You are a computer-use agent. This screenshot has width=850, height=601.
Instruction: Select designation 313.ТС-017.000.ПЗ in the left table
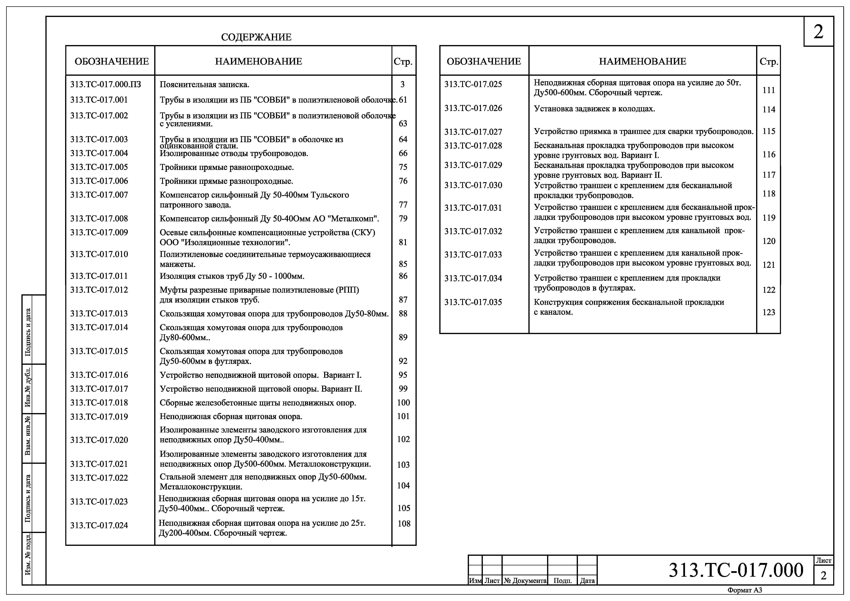pyautogui.click(x=106, y=84)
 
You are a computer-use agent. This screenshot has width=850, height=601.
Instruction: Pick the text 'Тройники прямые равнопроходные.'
pyautogui.click(x=227, y=167)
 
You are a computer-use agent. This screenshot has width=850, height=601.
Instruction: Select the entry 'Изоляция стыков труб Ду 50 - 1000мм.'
pyautogui.click(x=232, y=276)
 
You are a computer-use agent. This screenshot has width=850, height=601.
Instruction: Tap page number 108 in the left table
pyautogui.click(x=404, y=524)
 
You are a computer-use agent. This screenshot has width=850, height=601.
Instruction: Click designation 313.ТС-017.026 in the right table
pyautogui.click(x=473, y=108)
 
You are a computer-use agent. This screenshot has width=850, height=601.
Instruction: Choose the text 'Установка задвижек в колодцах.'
pyautogui.click(x=594, y=109)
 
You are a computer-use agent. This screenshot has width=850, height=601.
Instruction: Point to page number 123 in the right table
pyautogui.click(x=769, y=312)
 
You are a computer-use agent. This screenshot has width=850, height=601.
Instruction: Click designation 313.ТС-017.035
pyautogui.click(x=473, y=302)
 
